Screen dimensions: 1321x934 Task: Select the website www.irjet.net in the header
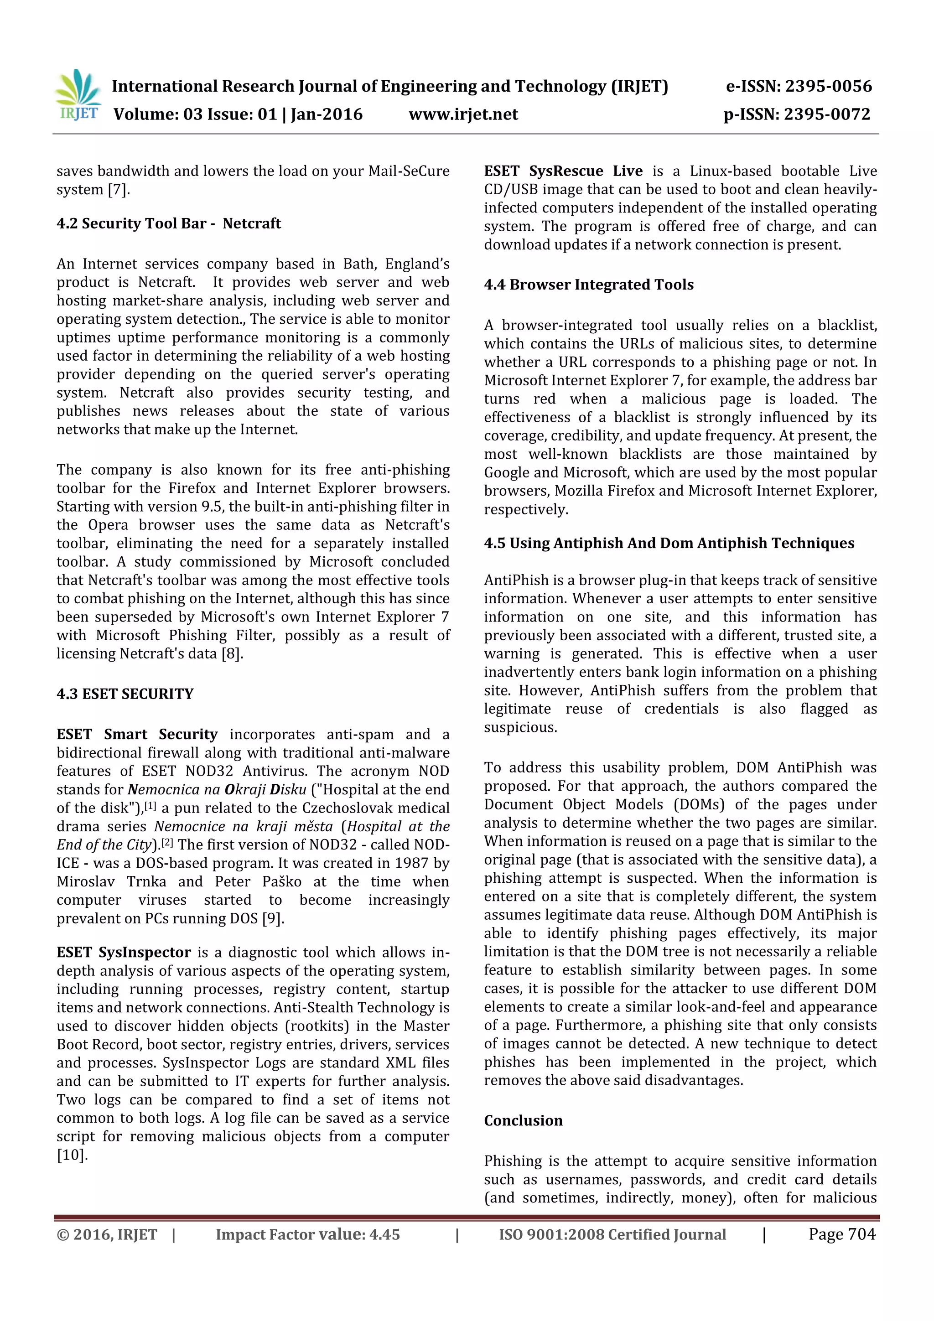coord(463,114)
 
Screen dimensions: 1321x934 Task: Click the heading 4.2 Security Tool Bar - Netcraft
coord(169,223)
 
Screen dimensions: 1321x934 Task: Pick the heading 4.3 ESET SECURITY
coord(125,694)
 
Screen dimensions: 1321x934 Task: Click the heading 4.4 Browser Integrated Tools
coord(589,285)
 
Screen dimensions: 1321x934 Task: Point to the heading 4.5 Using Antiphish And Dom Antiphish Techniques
coord(669,543)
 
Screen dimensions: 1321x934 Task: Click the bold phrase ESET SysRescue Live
coord(563,171)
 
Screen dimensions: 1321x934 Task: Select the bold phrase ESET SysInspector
coord(123,952)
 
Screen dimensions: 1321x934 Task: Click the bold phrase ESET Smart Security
coord(137,734)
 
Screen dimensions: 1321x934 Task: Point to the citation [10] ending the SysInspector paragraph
coord(71,1155)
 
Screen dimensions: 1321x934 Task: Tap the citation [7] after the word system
coord(118,189)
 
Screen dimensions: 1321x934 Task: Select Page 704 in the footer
coord(841,1234)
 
